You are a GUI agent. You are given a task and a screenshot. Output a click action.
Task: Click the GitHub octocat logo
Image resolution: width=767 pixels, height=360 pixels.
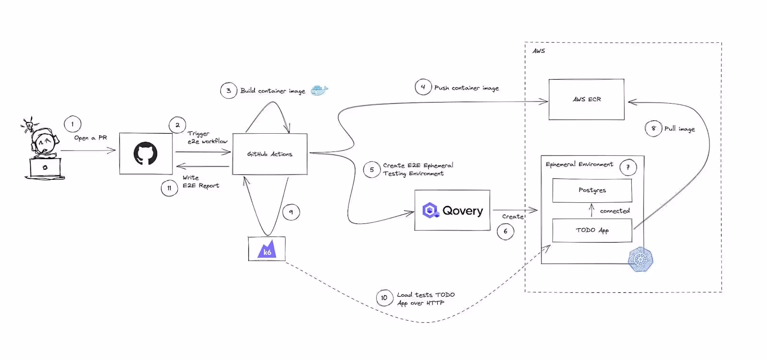click(x=145, y=153)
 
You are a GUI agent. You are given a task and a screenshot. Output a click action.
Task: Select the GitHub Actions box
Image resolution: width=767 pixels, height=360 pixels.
click(x=269, y=154)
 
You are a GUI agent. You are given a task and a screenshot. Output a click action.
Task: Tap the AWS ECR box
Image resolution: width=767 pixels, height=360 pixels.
click(x=586, y=99)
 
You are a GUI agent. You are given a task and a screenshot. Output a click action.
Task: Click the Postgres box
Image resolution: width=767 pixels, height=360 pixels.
click(x=592, y=190)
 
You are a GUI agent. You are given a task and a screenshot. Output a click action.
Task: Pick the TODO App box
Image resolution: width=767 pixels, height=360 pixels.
click(x=592, y=231)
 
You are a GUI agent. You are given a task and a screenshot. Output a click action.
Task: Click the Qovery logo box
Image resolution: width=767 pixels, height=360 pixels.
click(x=452, y=210)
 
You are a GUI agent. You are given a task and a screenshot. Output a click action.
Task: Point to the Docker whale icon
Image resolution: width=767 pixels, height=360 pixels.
click(x=319, y=90)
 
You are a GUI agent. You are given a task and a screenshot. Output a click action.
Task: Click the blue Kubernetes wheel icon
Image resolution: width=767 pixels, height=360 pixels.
click(x=640, y=260)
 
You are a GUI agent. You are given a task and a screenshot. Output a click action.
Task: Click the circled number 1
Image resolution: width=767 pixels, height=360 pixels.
click(x=72, y=124)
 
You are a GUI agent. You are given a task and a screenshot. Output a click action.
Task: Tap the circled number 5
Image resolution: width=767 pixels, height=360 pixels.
click(x=372, y=170)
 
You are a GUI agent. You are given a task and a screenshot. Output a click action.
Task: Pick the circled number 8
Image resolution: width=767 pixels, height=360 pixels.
click(x=653, y=128)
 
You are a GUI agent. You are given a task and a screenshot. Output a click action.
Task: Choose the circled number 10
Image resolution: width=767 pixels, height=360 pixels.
click(x=384, y=298)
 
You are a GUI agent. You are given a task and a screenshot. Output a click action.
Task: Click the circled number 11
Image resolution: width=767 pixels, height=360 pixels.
click(x=169, y=188)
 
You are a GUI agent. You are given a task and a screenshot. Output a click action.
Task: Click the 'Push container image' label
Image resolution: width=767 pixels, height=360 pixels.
click(x=466, y=88)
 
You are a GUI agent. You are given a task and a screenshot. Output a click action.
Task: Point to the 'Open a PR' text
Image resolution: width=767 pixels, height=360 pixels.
click(x=91, y=138)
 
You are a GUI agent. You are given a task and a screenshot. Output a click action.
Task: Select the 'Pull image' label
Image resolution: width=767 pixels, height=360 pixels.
click(x=679, y=128)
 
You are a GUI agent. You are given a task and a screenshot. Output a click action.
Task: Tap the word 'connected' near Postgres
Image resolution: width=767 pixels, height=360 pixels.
click(x=615, y=211)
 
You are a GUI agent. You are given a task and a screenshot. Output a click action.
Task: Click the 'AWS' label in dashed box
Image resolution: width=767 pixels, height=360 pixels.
click(x=539, y=51)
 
